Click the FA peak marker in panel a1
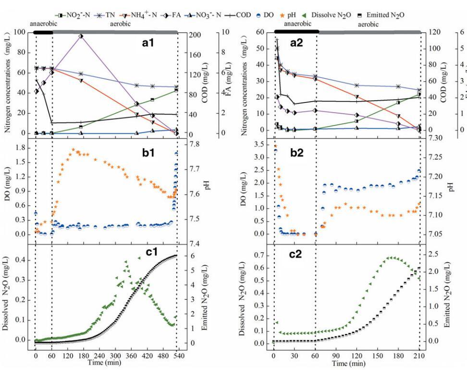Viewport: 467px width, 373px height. coord(81,36)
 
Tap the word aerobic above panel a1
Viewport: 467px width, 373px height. coord(119,23)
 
